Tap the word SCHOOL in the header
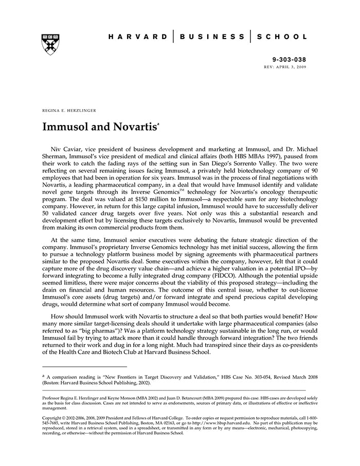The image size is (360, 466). pyautogui.click(x=282, y=37)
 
